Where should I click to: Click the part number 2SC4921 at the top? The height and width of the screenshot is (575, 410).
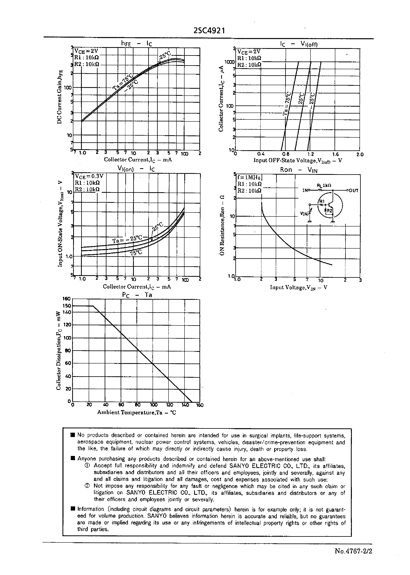pyautogui.click(x=209, y=31)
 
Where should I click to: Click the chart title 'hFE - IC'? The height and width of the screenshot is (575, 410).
pyautogui.click(x=136, y=43)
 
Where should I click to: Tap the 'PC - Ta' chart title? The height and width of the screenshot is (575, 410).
pyautogui.click(x=137, y=295)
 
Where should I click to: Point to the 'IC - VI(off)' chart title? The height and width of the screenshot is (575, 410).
pyautogui.click(x=299, y=44)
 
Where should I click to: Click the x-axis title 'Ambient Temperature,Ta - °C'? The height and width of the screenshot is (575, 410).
pyautogui.click(x=137, y=412)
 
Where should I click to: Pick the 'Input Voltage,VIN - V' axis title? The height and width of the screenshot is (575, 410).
pyautogui.click(x=298, y=287)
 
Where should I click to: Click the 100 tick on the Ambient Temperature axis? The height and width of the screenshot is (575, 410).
pyautogui.click(x=154, y=405)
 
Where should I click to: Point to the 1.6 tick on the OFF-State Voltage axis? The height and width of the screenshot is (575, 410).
pyautogui.click(x=335, y=154)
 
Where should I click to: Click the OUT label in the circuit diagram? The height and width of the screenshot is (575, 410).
pyautogui.click(x=354, y=191)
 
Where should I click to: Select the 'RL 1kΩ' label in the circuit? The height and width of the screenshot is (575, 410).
pyautogui.click(x=324, y=185)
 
